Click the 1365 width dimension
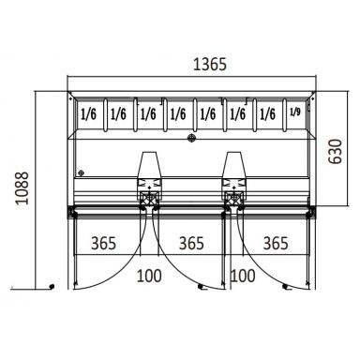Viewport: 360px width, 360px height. pos(210,65)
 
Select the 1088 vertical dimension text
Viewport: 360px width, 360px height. pos(22,188)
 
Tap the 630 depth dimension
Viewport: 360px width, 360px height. pos(336,152)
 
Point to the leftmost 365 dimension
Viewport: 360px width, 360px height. pos(103,243)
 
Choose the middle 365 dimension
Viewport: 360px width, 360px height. pos(191,243)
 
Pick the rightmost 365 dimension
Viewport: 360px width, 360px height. pos(276,243)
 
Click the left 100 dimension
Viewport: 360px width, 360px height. pos(149,276)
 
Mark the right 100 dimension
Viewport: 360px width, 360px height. pos(243,276)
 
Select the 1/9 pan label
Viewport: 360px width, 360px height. pos(295,112)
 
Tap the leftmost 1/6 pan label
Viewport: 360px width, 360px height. pos(89,114)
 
